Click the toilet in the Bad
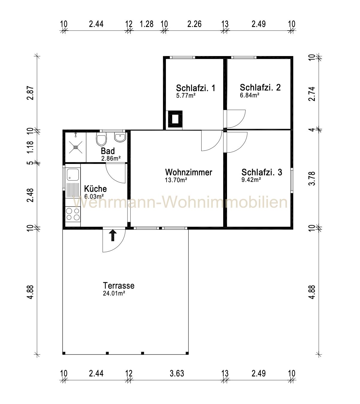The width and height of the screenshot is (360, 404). point(101,139)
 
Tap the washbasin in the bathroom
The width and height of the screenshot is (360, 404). point(120,138)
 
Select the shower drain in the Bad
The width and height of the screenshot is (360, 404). point(75,147)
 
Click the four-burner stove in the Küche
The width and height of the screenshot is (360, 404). point(73,214)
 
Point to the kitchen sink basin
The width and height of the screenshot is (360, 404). point(73,175)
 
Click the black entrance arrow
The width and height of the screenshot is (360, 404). point(113,235)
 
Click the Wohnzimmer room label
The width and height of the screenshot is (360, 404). point(189,172)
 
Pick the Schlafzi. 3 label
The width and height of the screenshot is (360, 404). point(262,172)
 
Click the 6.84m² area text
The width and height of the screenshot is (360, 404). point(249,95)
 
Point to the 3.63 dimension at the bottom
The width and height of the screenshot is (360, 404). point(177,373)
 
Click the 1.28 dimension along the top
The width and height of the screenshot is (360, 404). point(146,24)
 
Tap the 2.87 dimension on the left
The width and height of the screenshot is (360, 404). point(31,93)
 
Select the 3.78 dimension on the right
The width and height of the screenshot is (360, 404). point(312,178)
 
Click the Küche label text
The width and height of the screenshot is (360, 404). point(95,189)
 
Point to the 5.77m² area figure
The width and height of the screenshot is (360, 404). point(186,96)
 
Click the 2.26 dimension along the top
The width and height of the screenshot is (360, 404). point(194,24)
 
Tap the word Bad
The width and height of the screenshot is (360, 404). point(108,151)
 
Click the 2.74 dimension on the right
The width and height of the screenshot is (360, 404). point(312,94)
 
